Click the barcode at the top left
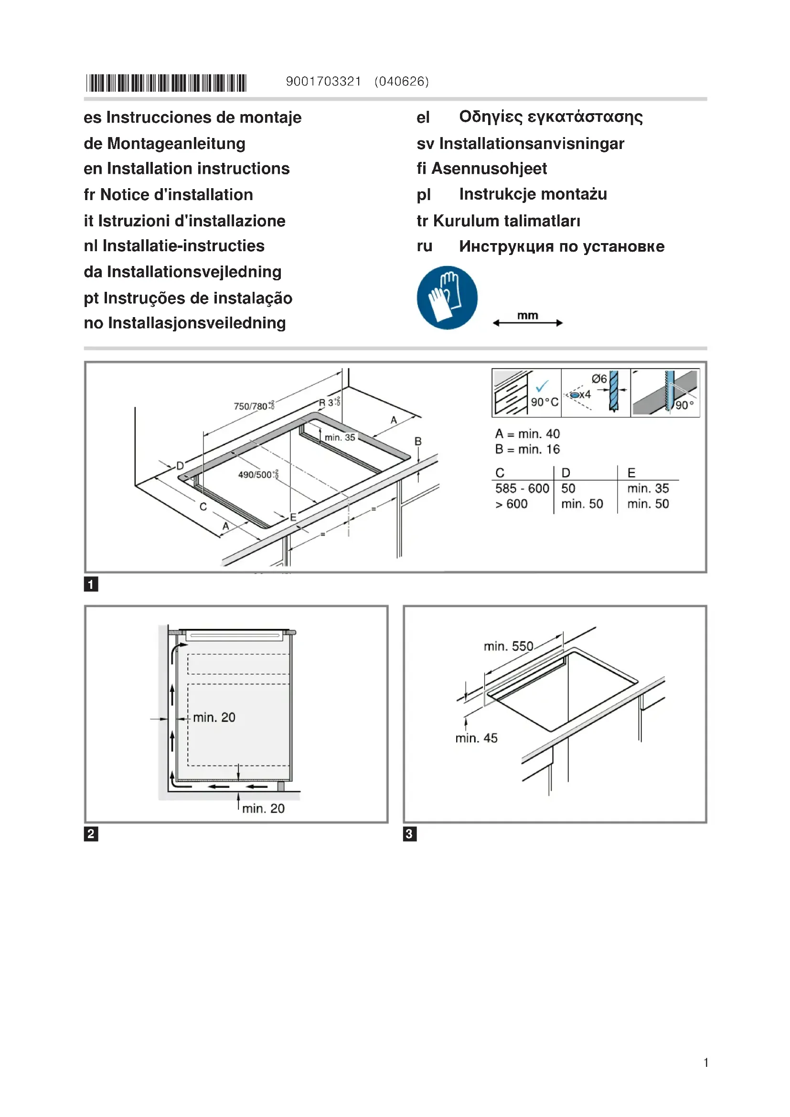point(166,83)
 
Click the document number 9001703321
point(323,81)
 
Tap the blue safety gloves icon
point(447,297)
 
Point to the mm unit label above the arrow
point(527,315)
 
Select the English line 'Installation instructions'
point(198,168)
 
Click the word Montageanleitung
point(176,144)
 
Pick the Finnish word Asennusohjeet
point(489,168)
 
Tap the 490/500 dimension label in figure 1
point(257,474)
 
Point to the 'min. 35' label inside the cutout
point(340,437)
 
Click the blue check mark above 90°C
point(542,386)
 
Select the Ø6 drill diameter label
point(599,379)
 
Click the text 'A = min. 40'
point(527,434)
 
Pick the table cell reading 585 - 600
point(522,488)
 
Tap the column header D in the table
point(565,472)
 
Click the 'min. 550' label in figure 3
point(508,646)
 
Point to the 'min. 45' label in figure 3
point(476,738)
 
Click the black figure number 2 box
point(91,834)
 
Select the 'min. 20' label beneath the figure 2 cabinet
point(263,808)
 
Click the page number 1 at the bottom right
point(705,1063)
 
